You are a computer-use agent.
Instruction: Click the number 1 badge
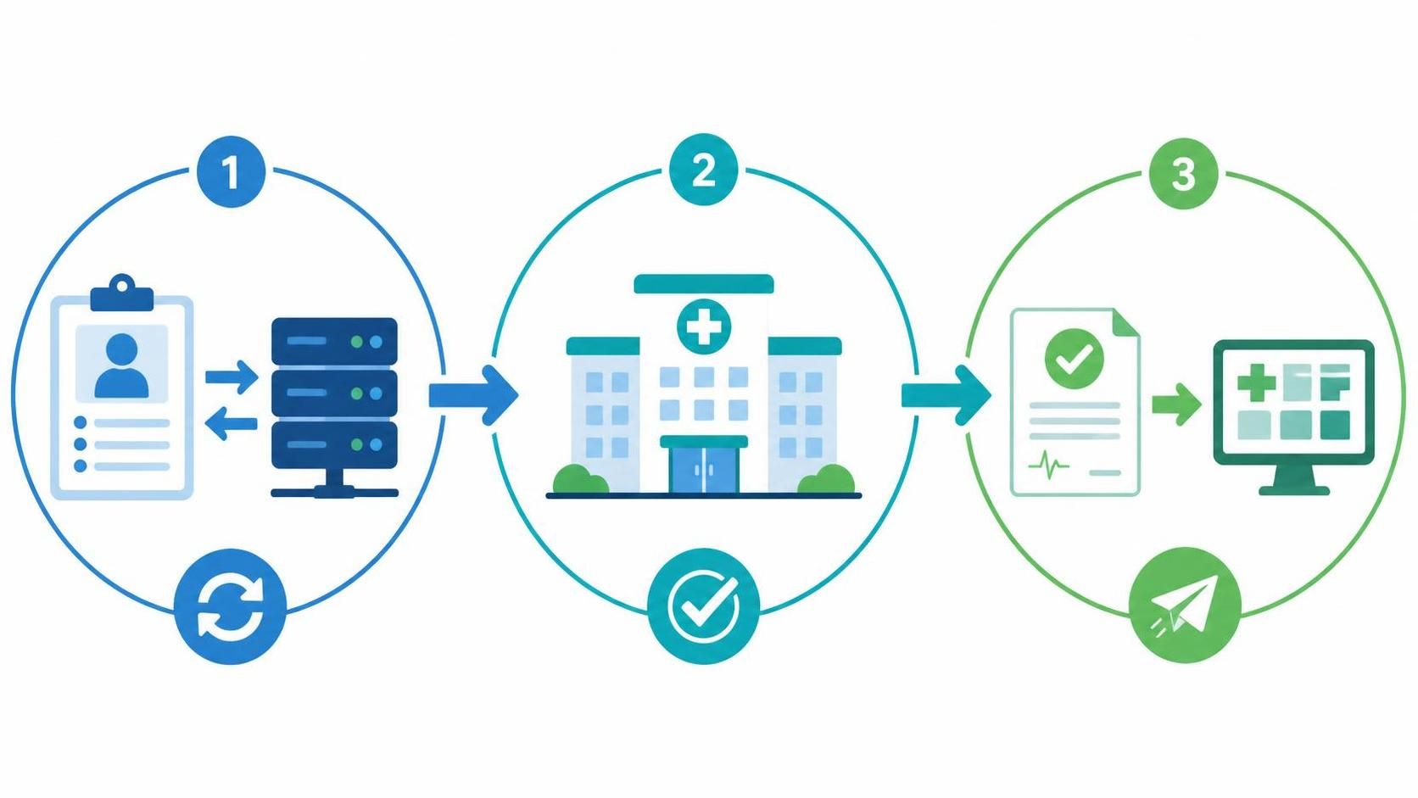click(231, 171)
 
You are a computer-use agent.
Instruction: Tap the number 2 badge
click(703, 169)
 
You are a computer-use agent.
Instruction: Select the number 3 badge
click(1183, 173)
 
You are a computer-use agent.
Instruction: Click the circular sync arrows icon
click(231, 605)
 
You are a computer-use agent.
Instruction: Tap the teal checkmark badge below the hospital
click(703, 605)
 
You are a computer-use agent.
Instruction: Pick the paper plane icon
click(1185, 605)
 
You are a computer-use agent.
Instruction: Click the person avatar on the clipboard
click(121, 366)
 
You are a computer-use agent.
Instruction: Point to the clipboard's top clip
click(122, 293)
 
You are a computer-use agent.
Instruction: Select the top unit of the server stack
click(334, 341)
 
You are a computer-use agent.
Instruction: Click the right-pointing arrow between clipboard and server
click(232, 377)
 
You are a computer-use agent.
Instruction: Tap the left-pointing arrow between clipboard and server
click(232, 423)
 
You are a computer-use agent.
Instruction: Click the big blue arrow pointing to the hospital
click(473, 395)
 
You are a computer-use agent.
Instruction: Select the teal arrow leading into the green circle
click(946, 395)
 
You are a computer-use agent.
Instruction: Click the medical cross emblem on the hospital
click(704, 326)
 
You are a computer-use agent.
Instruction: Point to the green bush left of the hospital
click(580, 479)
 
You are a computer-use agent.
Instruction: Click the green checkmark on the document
click(1075, 358)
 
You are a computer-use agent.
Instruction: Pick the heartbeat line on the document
click(1049, 466)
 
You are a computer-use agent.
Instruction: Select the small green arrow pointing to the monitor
click(1176, 404)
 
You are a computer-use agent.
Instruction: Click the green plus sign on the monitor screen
click(1257, 382)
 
